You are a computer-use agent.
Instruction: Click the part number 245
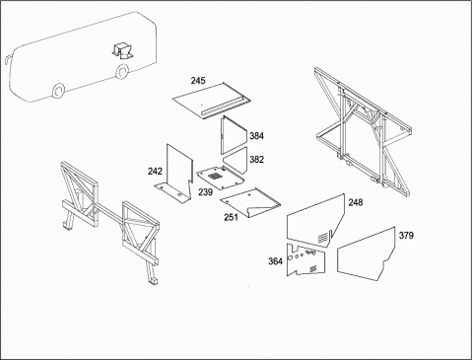pos(198,81)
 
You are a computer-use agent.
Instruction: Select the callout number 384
pos(256,136)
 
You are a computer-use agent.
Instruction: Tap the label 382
pos(256,160)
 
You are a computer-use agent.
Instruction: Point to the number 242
pos(155,172)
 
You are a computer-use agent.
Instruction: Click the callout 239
pos(206,192)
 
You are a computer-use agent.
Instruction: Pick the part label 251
pos(232,217)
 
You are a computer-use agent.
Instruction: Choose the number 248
pos(356,202)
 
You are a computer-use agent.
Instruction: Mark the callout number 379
pos(406,236)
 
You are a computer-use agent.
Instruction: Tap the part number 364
pos(275,261)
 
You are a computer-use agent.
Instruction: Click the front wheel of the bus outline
pos(58,91)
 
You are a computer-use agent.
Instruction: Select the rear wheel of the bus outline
pos(122,71)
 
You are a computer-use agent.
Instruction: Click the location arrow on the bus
pos(123,50)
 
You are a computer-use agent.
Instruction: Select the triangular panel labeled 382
pos(236,160)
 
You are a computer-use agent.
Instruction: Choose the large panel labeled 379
pos(366,254)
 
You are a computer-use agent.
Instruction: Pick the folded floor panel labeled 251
pos(250,202)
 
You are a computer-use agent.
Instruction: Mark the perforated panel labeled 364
pos(305,259)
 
